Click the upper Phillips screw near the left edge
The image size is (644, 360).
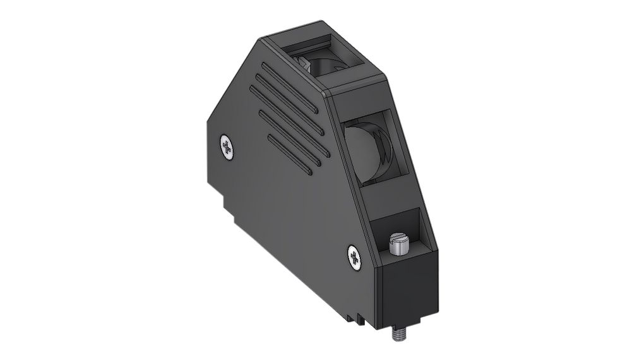pyautogui.click(x=227, y=147)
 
